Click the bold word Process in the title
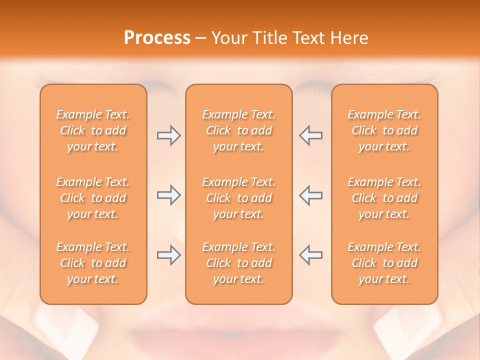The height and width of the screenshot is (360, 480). (x=157, y=38)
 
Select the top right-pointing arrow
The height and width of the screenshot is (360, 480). (x=168, y=135)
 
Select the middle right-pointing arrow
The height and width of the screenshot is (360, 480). (x=168, y=195)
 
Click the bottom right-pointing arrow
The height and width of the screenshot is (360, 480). (x=168, y=255)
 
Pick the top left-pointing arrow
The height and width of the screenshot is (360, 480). (x=310, y=135)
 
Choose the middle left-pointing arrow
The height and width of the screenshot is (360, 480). (x=310, y=195)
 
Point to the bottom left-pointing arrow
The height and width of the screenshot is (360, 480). (x=310, y=255)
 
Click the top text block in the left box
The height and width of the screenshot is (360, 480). (x=93, y=130)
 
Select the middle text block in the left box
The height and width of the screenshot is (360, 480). (x=93, y=198)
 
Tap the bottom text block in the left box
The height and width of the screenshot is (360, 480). (x=93, y=263)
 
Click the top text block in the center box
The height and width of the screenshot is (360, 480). (x=239, y=130)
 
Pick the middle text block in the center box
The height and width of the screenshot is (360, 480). (x=239, y=198)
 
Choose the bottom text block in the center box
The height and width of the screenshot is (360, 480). (x=239, y=263)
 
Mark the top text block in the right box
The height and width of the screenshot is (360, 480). (x=384, y=130)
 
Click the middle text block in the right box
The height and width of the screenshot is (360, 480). (x=384, y=198)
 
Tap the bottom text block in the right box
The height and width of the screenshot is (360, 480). (x=384, y=263)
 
